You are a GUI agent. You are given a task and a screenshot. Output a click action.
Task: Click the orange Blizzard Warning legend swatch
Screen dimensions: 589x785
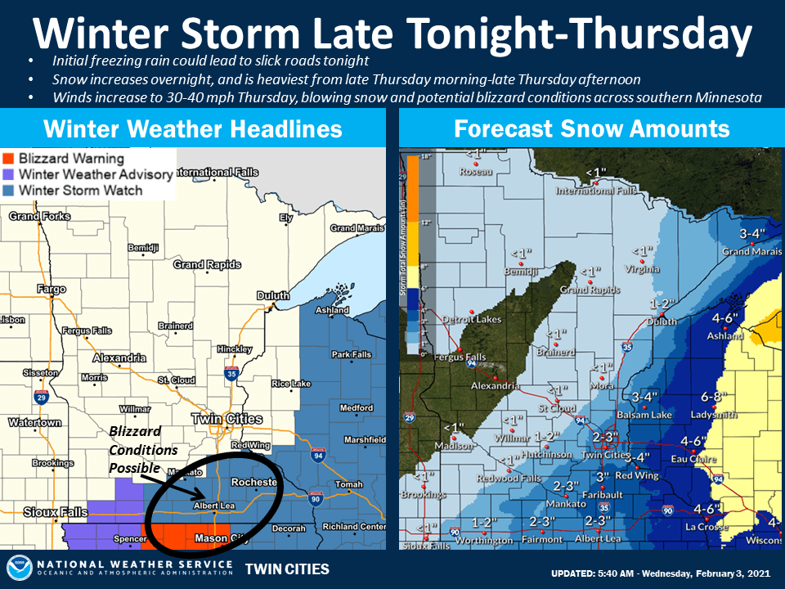11,159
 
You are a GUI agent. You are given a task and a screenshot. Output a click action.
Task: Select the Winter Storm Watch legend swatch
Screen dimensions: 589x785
11,191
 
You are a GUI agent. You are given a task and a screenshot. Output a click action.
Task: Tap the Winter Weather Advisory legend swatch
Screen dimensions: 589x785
11,174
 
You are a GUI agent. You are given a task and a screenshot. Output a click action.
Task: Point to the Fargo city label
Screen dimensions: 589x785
52,290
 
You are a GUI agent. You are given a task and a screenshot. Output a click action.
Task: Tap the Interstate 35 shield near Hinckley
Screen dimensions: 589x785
232,375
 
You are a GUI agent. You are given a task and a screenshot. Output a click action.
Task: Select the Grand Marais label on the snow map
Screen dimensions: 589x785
747,251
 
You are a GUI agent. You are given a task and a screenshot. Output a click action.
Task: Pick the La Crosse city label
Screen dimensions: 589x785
707,527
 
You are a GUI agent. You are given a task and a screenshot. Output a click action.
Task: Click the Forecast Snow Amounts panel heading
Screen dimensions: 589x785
591,128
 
